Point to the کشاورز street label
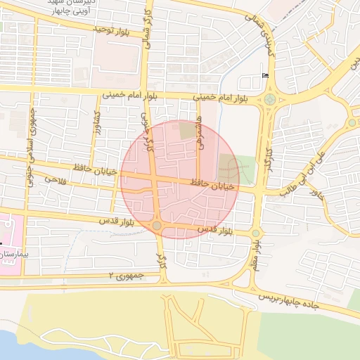coord(98,125)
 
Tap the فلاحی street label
coord(55,180)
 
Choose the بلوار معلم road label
coord(257,252)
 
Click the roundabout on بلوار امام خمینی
coord(269,98)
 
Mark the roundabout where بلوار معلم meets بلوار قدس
coord(255,233)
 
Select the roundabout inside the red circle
coord(157,226)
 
